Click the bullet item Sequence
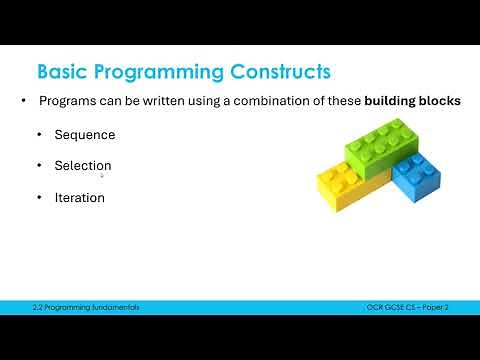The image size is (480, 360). pos(85,135)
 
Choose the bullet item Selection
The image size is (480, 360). pos(83,166)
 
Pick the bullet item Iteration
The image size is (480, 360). pos(80,198)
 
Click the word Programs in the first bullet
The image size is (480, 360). pos(65,102)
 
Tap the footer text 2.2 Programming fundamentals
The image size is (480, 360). pos(85,307)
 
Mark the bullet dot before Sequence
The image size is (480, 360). pos(40,135)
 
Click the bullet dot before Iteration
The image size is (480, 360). pos(40,198)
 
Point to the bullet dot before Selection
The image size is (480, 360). pos(40,166)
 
